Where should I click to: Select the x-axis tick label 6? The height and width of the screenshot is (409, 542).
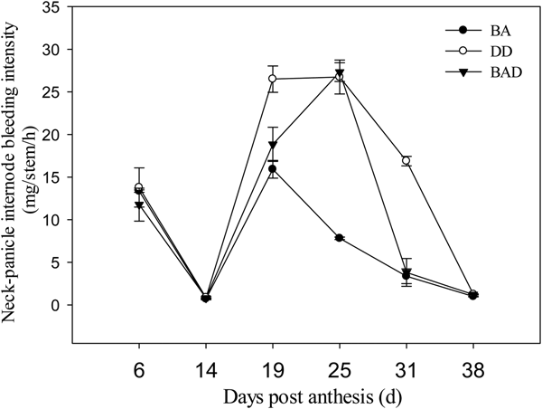138,370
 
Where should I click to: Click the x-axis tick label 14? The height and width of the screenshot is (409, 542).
206,370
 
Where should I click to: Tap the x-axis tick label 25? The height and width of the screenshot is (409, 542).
340,370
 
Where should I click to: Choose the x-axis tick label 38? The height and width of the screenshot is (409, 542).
474,370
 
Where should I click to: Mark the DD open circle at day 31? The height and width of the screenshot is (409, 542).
406,161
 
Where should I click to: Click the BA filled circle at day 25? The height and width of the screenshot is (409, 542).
340,238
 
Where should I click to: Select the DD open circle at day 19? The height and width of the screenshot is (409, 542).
273,79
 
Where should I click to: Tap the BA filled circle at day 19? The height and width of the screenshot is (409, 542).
273,169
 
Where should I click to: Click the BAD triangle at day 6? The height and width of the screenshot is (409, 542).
139,205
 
